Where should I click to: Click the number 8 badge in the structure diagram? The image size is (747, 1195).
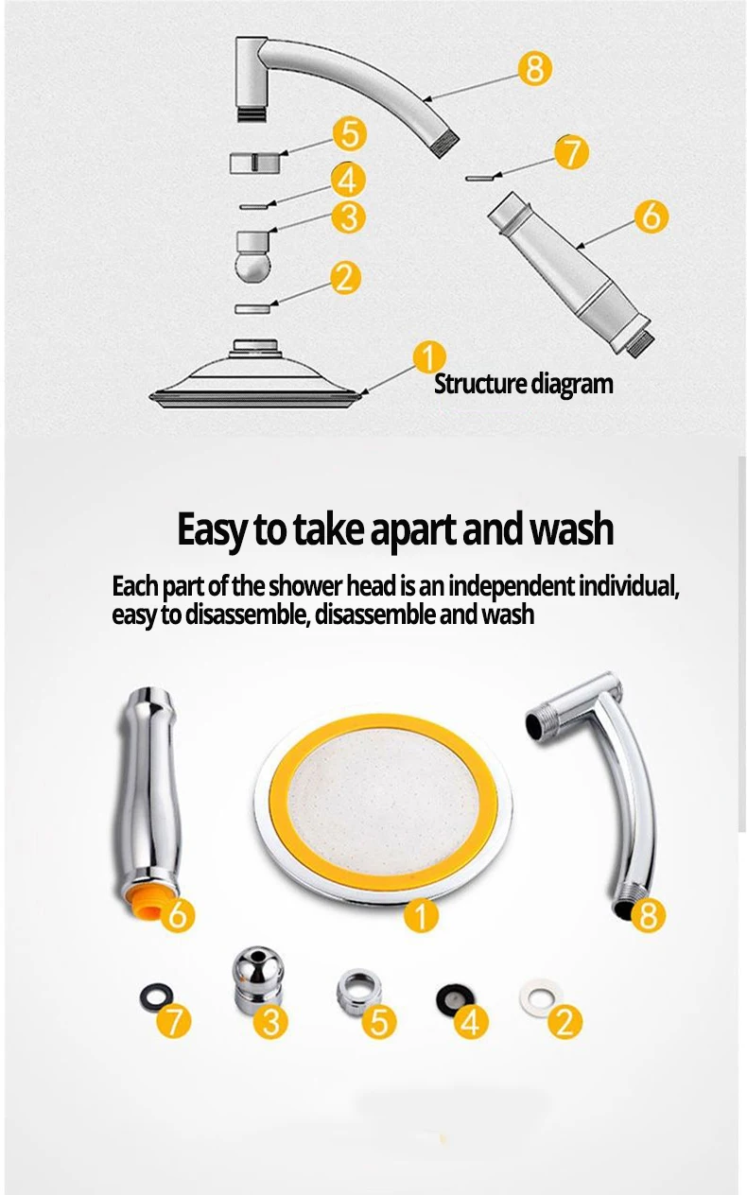click(535, 68)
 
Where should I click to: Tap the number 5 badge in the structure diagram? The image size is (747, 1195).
click(350, 134)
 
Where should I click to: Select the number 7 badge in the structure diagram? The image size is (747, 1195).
click(571, 152)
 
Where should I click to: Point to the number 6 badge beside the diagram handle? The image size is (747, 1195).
click(651, 216)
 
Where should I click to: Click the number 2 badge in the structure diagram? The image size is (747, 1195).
click(346, 278)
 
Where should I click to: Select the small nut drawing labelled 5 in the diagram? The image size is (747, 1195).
click(255, 163)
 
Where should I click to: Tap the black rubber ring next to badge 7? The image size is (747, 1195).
click(156, 997)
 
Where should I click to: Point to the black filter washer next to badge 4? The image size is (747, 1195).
click(455, 997)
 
